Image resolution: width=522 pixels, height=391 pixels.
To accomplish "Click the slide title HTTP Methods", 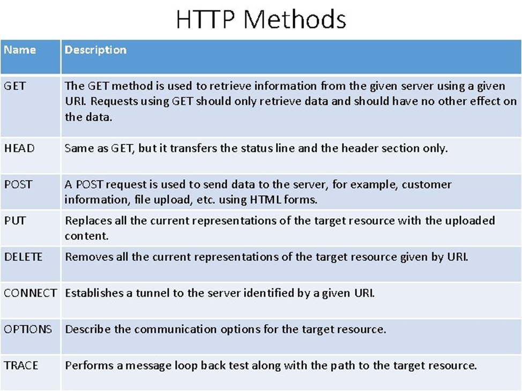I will [261, 19].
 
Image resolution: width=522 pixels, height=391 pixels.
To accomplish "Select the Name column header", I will [20, 50].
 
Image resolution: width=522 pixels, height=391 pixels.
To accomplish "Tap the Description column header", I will [95, 50].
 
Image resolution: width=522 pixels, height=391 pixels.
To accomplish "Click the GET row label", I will [14, 86].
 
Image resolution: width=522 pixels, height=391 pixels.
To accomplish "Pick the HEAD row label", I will [19, 148].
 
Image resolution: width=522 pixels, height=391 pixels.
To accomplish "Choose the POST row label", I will [18, 185].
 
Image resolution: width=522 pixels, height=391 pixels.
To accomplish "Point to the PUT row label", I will [14, 220].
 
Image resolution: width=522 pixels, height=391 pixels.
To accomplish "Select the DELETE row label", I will [23, 257].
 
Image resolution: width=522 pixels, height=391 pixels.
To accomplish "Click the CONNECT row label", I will [30, 293].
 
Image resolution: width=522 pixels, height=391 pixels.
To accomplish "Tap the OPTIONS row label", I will [28, 329].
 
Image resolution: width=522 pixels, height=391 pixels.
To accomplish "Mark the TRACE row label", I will [21, 365].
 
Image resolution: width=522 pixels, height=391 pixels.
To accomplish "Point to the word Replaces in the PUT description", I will [86, 220].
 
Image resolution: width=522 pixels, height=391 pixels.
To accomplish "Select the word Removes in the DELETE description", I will [86, 257].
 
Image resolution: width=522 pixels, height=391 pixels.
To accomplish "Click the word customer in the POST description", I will [426, 185].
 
